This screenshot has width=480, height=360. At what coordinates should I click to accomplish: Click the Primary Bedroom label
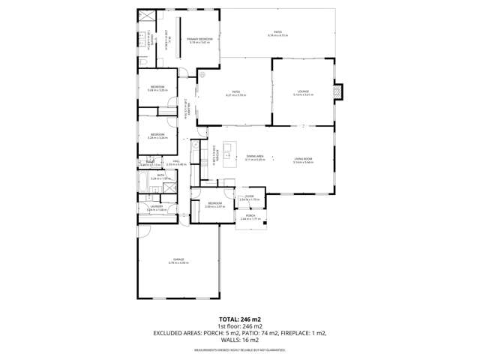pos(199,39)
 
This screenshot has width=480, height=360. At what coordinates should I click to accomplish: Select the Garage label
pos(178,260)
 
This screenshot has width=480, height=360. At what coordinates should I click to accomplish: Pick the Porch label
pos(250,216)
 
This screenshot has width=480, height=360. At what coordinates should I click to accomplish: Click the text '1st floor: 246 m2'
pos(239,326)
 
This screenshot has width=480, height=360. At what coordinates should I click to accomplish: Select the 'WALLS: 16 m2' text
pos(239,340)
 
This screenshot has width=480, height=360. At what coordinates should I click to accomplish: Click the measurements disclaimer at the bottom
pos(239,350)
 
